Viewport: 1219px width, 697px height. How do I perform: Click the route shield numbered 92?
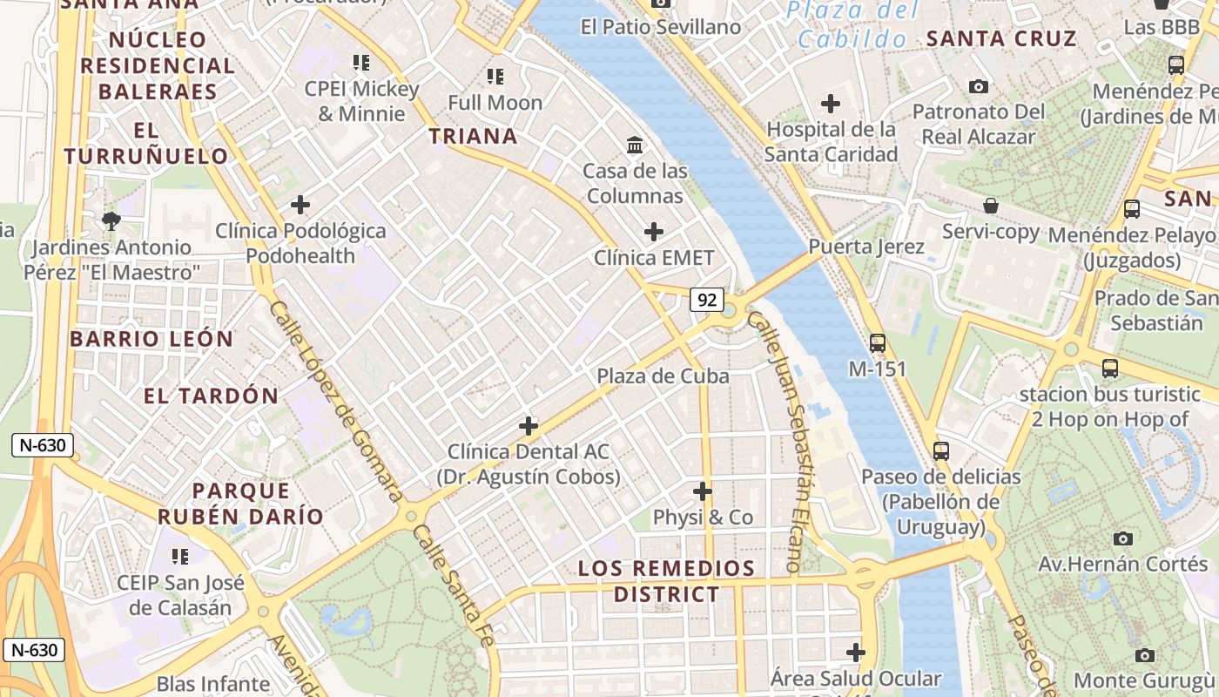[x=707, y=301]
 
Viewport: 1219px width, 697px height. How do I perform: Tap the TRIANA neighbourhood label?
[x=474, y=136]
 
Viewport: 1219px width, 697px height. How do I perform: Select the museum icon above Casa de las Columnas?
[x=635, y=145]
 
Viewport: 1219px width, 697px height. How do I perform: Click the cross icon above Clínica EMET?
[x=653, y=232]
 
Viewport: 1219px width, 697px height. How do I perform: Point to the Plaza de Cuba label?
[x=663, y=376]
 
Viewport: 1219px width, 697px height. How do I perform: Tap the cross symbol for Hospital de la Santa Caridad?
[x=831, y=104]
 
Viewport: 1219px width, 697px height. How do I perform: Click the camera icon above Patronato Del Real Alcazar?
[x=979, y=86]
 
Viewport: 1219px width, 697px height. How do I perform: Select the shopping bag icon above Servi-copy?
[x=991, y=206]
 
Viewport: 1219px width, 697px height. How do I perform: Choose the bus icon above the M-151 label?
[x=877, y=343]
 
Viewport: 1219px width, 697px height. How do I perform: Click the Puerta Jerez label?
[x=866, y=247]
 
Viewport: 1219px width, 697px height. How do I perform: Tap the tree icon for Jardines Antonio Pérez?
[x=111, y=221]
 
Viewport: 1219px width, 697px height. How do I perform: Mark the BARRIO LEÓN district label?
[x=152, y=339]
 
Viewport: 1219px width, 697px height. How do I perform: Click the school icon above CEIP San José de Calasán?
[x=180, y=556]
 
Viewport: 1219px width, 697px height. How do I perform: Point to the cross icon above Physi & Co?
[x=703, y=491]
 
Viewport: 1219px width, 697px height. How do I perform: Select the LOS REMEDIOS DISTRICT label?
[x=667, y=581]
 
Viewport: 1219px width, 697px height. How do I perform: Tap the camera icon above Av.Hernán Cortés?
[x=1123, y=538]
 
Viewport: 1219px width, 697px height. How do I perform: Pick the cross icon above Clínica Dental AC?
[x=529, y=426]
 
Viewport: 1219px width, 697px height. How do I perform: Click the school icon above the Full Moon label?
[x=495, y=77]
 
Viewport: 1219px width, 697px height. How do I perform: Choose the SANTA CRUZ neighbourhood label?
[x=1001, y=38]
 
